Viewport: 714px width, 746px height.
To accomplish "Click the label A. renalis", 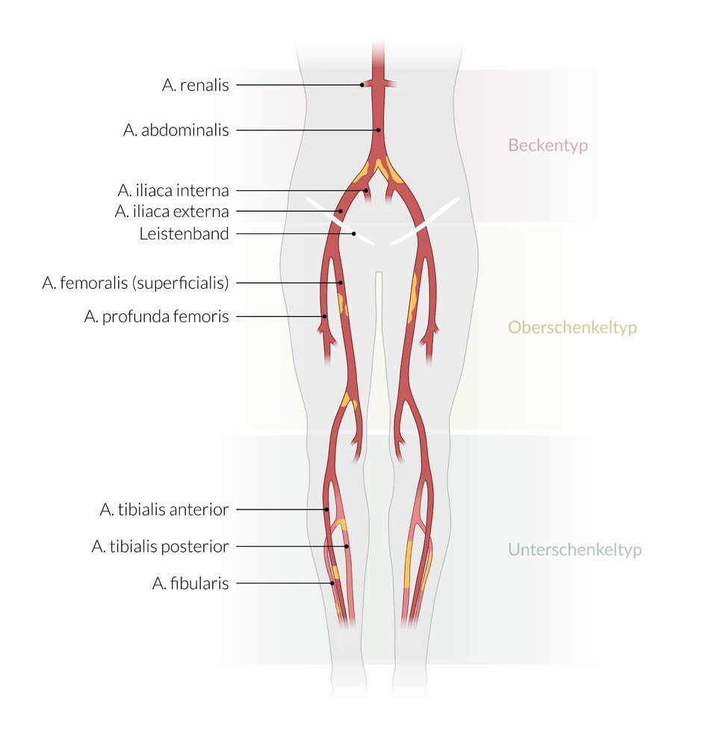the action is point(195,85).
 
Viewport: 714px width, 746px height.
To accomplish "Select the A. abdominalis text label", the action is point(176,130).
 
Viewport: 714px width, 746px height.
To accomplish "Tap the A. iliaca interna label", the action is point(173,190).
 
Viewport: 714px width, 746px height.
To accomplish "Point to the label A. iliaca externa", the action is point(172,211).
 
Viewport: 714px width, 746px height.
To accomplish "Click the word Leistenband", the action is point(184,233).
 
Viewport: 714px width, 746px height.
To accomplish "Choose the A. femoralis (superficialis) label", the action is point(135,283).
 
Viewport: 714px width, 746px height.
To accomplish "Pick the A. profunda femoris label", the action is point(156,316).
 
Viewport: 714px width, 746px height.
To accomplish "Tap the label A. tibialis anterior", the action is point(164,510).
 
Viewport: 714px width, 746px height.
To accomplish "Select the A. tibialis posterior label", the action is point(160,547).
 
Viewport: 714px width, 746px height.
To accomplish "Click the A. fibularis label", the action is point(190,583).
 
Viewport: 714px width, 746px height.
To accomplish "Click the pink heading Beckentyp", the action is point(547,145).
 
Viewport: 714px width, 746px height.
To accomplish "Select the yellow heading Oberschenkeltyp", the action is point(572,327).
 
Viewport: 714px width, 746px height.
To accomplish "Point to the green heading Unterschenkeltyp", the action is point(574,550).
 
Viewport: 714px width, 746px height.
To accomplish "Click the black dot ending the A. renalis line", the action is point(362,85).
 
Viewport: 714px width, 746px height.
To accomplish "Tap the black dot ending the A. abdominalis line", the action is point(379,130).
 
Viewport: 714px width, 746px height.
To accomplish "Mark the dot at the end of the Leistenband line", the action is point(354,233).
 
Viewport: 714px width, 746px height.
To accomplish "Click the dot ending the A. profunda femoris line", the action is point(325,316).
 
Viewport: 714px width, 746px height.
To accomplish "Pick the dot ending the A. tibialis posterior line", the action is point(347,547).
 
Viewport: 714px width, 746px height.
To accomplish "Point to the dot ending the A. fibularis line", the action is point(332,583).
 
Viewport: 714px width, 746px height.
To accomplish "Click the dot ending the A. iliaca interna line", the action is point(366,190).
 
